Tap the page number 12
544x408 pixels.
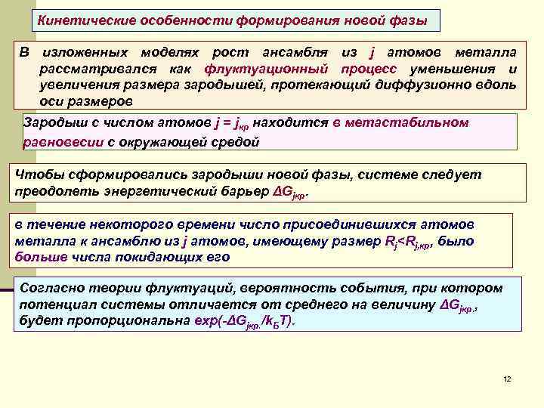[507, 379]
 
